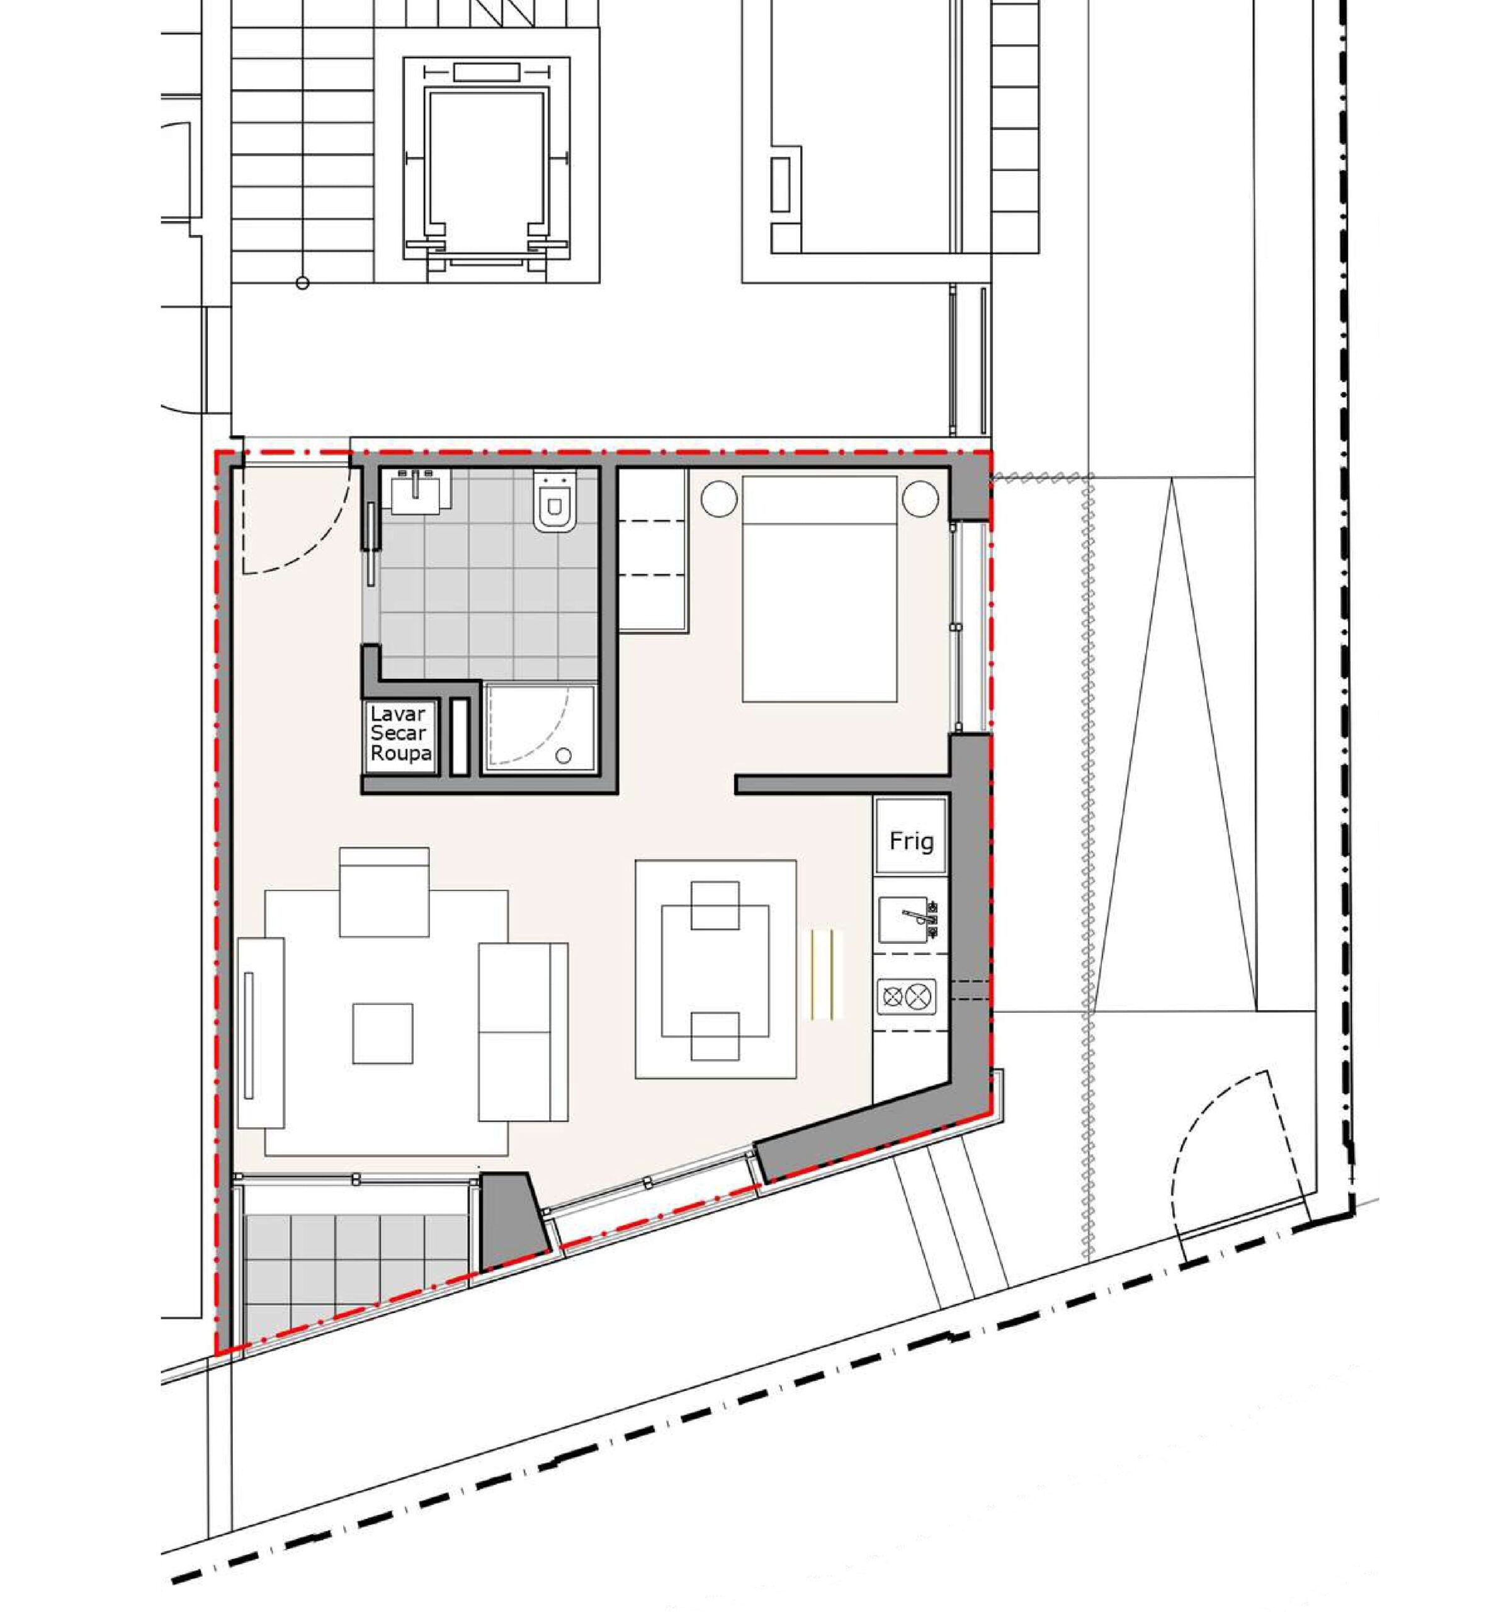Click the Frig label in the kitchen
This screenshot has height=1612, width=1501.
910,841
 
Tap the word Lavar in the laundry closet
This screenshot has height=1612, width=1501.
397,714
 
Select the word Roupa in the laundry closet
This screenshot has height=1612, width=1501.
400,753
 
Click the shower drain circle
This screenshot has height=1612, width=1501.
563,756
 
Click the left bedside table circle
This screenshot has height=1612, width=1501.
719,499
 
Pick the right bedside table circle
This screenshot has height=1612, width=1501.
920,499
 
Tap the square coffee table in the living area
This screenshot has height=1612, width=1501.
383,1033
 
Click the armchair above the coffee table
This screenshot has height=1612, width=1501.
383,892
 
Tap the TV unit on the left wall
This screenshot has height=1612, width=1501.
261,1032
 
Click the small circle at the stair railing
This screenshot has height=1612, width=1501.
302,283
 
